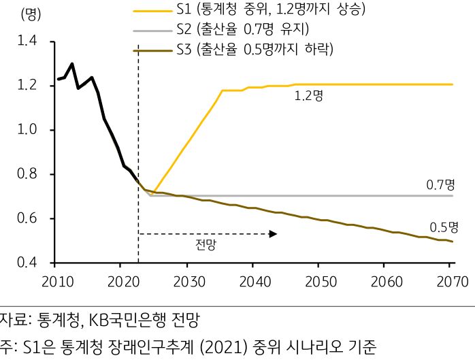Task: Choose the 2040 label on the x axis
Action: tap(253, 280)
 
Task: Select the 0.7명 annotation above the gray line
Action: tap(440, 184)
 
